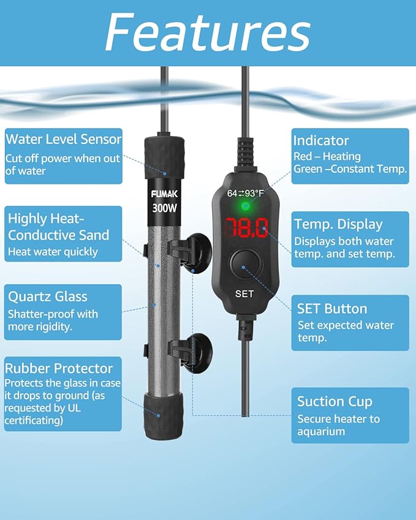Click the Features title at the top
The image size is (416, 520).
point(208,32)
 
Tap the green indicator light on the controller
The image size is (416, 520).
point(246,206)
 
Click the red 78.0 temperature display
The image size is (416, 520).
point(246,228)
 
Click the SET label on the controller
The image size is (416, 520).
point(244,294)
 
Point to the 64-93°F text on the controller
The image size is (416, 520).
point(246,193)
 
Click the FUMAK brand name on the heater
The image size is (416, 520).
point(165,194)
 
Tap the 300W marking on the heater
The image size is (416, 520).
point(165,208)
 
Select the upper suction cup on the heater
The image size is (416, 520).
point(195,253)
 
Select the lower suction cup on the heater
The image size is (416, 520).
point(195,353)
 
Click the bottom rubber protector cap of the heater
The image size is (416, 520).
point(164,416)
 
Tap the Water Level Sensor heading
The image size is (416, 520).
point(64,139)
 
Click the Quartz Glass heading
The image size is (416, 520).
point(48,296)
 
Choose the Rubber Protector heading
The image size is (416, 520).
point(59,369)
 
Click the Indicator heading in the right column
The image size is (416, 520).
point(321,141)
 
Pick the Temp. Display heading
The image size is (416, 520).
point(338,225)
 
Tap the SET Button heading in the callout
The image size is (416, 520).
point(332,309)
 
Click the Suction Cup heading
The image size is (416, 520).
point(335,402)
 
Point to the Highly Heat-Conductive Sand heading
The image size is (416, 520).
point(58,227)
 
